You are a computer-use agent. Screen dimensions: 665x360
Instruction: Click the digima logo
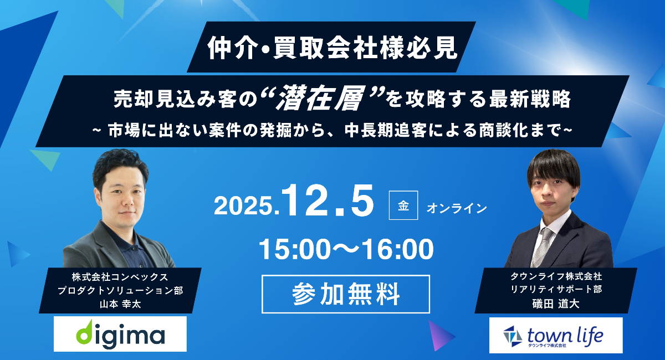[x=120, y=334]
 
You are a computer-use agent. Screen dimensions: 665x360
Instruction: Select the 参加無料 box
[x=346, y=294]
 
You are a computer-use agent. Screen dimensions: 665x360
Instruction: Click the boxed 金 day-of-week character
[x=403, y=205]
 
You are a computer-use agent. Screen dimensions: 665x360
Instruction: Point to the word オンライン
[x=457, y=208]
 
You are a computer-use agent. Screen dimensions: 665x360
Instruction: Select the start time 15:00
[x=294, y=249]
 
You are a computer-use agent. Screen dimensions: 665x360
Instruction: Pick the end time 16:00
[x=398, y=249]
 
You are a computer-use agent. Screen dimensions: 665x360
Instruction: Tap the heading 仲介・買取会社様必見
[x=332, y=48]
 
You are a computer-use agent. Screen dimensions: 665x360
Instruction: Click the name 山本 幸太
[x=120, y=304]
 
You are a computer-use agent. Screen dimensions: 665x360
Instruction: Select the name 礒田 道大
[x=556, y=304]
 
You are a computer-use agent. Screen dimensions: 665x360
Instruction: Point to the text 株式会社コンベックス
[x=120, y=277]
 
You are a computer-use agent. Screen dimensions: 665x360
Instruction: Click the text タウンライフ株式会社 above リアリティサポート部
[x=556, y=276]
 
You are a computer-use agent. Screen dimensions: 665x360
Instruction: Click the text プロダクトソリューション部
[x=120, y=290]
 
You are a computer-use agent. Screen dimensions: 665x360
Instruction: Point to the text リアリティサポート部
[x=556, y=289]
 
